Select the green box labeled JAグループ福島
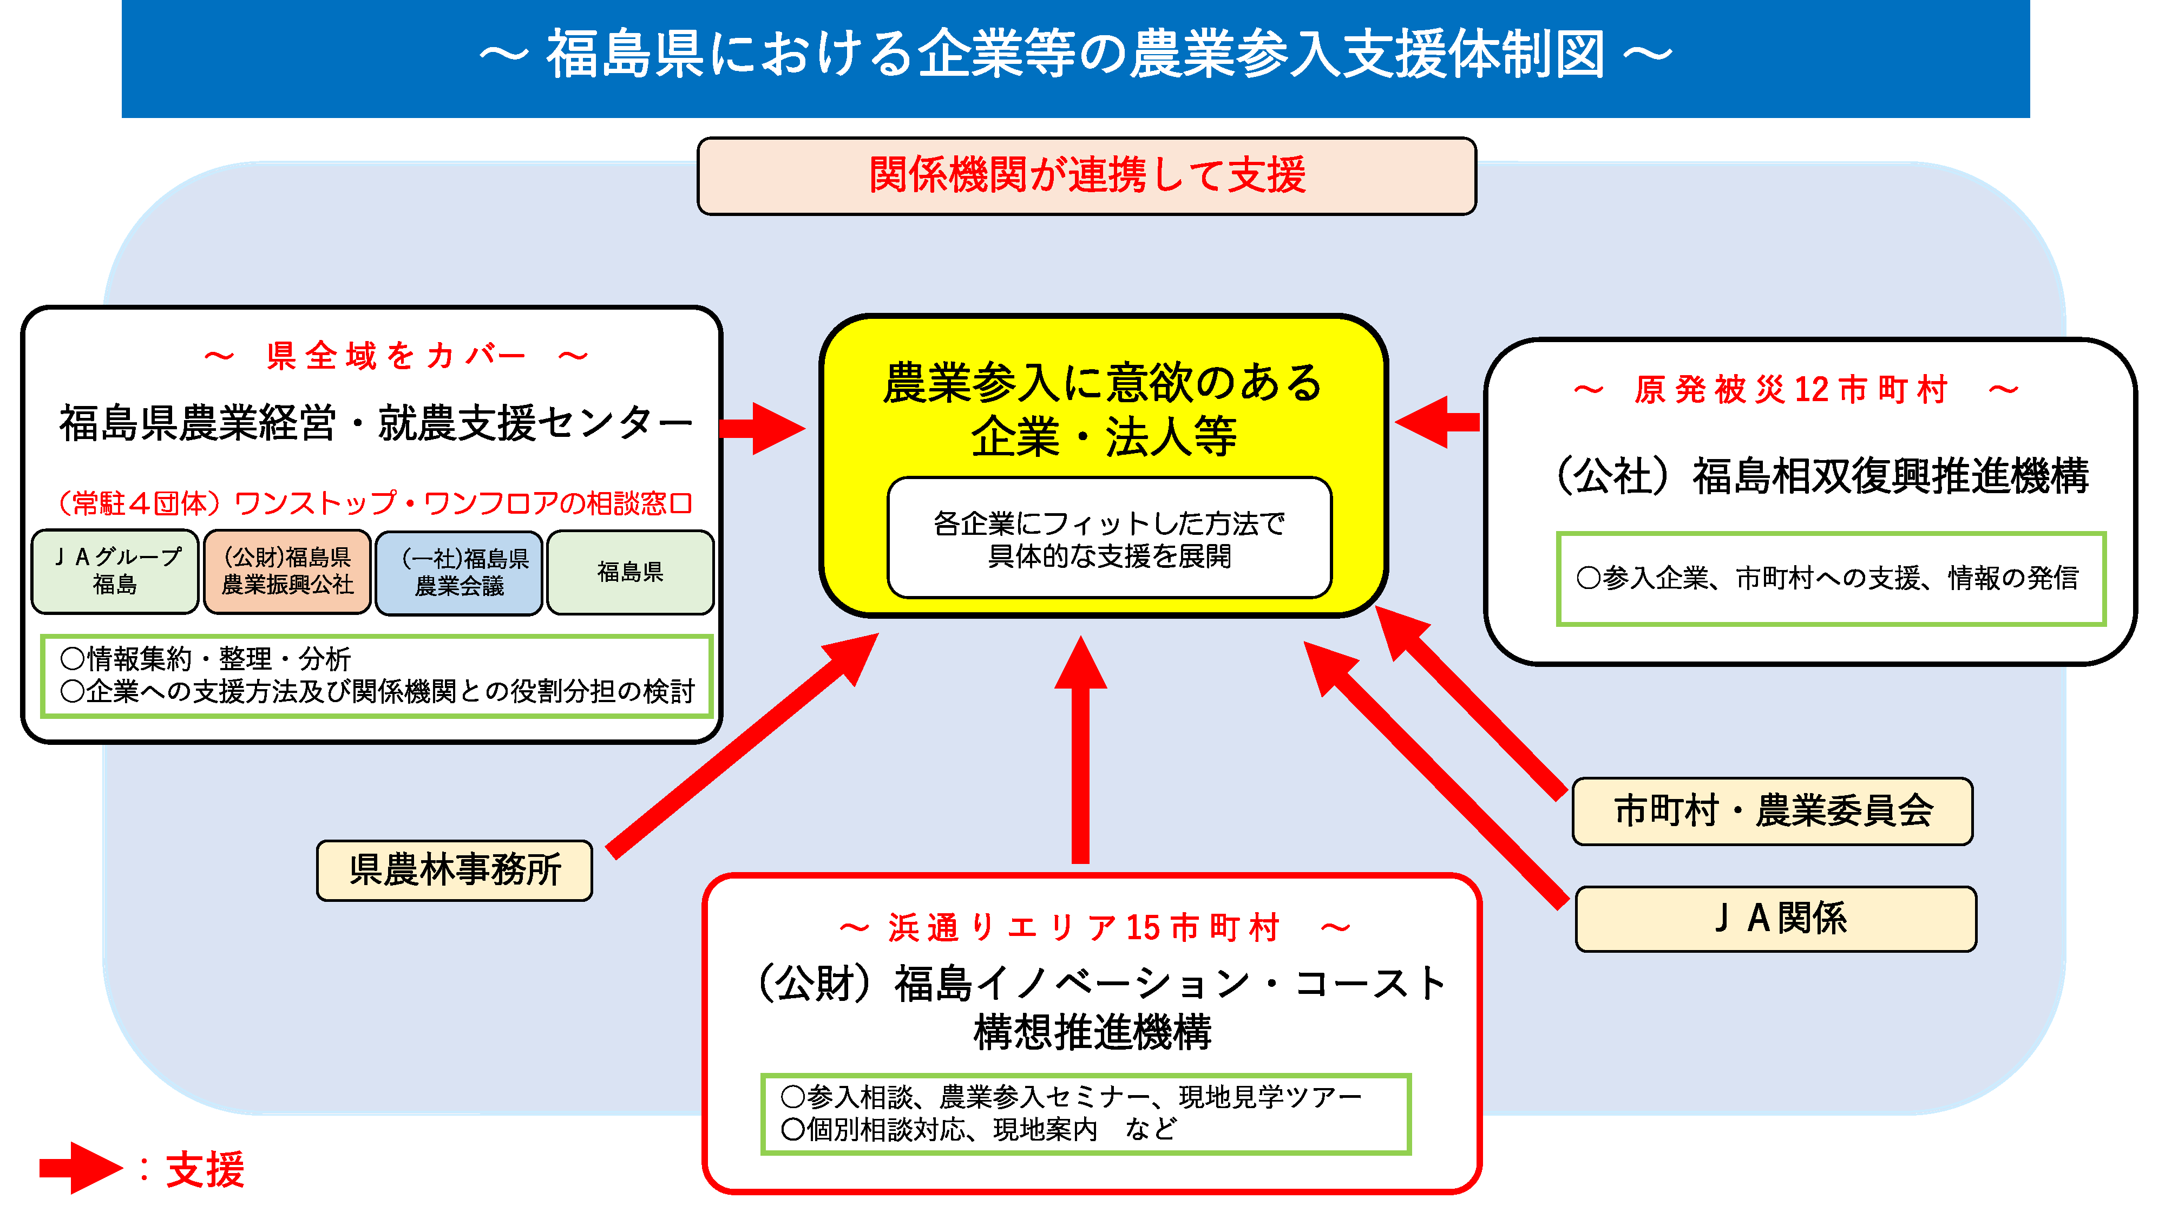coord(115,571)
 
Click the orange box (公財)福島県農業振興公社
coord(287,571)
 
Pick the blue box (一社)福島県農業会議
coord(459,572)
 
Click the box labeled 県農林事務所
coord(454,870)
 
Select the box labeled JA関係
coord(1775,918)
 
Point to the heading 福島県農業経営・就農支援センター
coord(375,423)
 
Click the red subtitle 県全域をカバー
coord(395,356)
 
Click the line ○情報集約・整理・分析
coord(205,658)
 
